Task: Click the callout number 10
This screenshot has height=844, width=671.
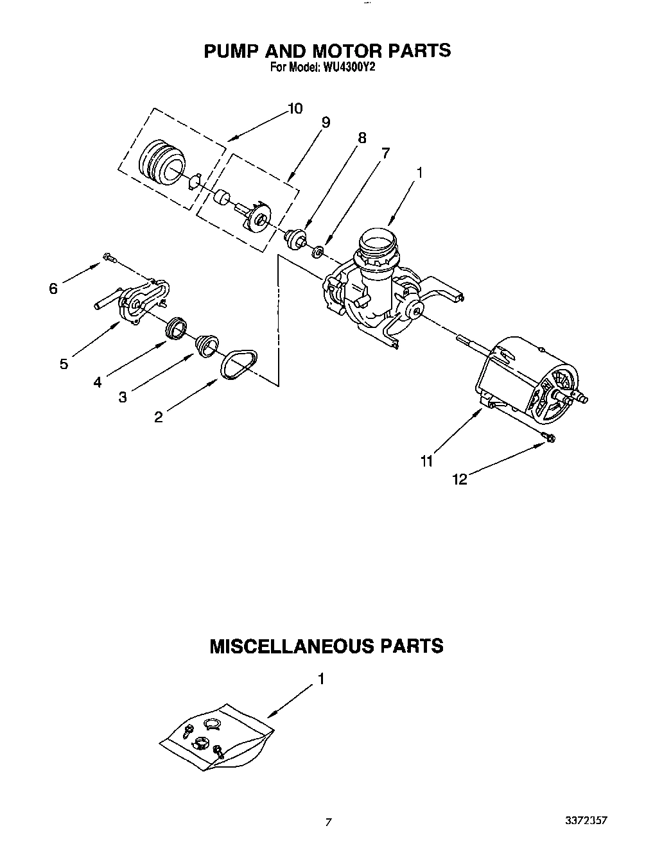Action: [x=295, y=108]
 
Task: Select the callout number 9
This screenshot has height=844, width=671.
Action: [x=326, y=122]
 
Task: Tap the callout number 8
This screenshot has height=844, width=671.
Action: [x=362, y=137]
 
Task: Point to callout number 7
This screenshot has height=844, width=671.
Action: [x=385, y=153]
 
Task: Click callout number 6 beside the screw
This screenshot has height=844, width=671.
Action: [x=53, y=289]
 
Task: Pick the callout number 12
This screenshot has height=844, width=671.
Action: [x=460, y=479]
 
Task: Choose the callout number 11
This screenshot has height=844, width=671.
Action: [x=427, y=460]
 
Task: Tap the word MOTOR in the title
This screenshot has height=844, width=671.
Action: [x=344, y=51]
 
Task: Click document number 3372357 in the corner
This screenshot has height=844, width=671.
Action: [x=586, y=820]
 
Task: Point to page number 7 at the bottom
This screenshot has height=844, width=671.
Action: [x=328, y=822]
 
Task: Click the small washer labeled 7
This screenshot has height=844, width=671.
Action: [x=317, y=251]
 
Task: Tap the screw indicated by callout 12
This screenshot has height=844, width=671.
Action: [x=550, y=438]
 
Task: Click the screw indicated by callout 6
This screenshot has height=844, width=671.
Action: [x=109, y=258]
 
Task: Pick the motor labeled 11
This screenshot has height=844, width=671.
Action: [x=533, y=379]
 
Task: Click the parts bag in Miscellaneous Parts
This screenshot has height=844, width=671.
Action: [x=215, y=737]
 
